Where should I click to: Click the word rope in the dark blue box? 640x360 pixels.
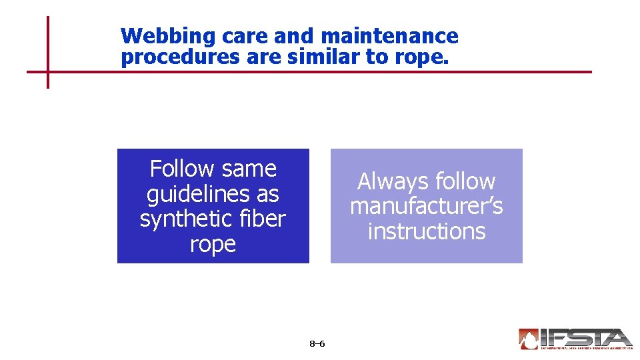pyautogui.click(x=213, y=245)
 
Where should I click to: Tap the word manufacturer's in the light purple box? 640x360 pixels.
pyautogui.click(x=426, y=207)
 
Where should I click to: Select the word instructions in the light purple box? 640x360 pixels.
pyautogui.click(x=426, y=231)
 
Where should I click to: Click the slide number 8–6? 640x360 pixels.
pyautogui.click(x=317, y=344)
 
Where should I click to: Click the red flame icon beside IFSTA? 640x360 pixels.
pyautogui.click(x=528, y=339)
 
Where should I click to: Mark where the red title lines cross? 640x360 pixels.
pyautogui.click(x=48, y=71)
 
